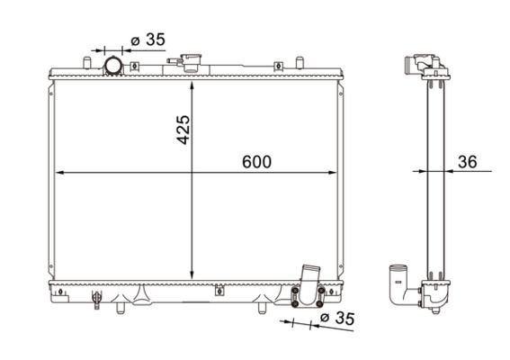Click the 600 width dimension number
pyautogui.click(x=256, y=162)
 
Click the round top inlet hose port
pyautogui.click(x=114, y=66)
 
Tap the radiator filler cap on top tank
pyautogui.click(x=192, y=62)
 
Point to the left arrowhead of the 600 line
pyautogui.click(x=59, y=171)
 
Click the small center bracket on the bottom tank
pyautogui.click(x=217, y=289)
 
